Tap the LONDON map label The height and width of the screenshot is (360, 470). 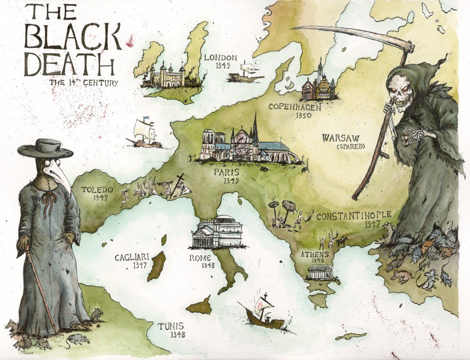[221, 58]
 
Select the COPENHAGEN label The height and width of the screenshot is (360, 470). [295, 107]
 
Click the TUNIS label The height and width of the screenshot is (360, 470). [172, 327]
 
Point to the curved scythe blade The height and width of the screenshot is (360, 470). [349, 33]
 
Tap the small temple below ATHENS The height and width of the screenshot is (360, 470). [320, 271]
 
